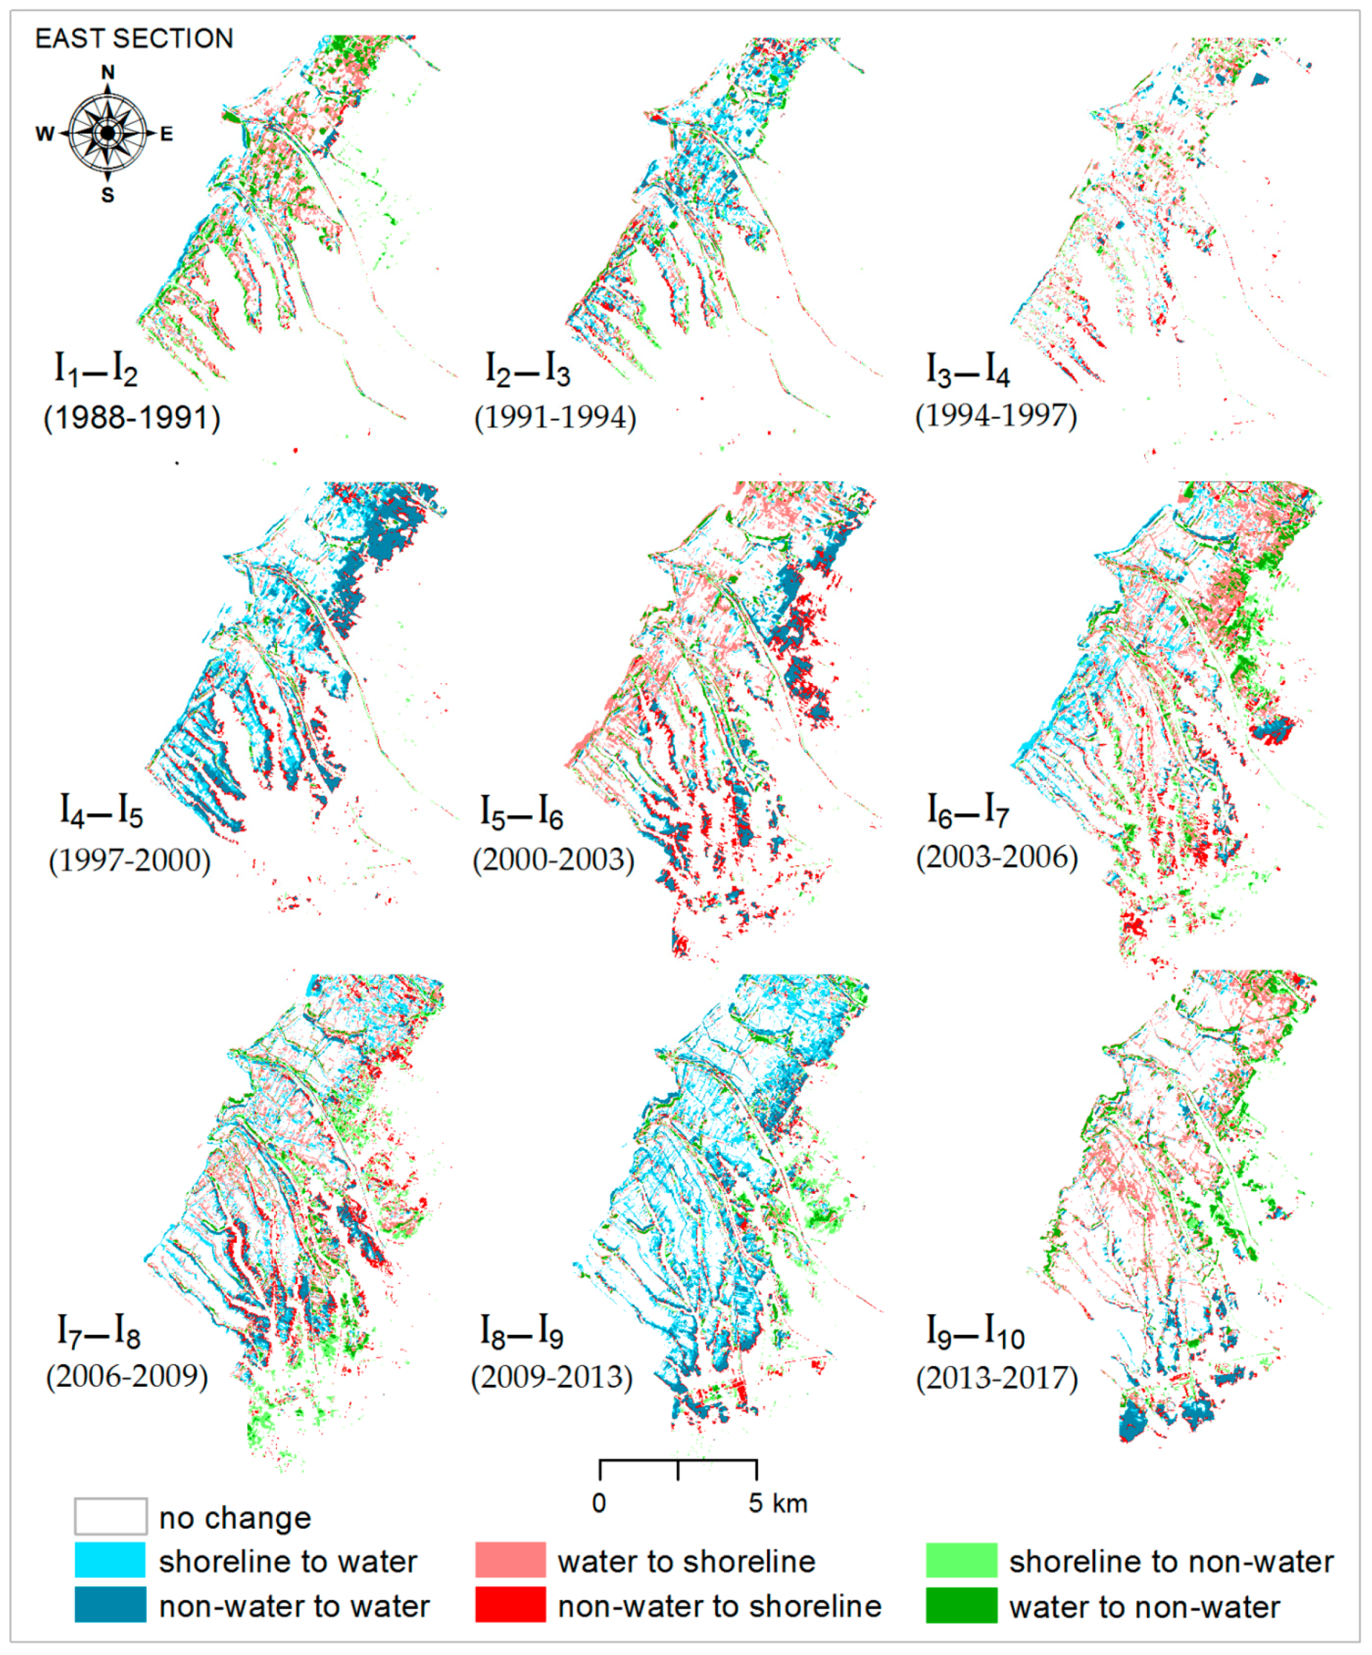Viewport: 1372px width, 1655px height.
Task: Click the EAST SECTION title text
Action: click(x=134, y=39)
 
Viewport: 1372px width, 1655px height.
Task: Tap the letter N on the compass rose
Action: click(x=108, y=73)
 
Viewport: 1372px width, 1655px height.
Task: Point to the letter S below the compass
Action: click(x=108, y=195)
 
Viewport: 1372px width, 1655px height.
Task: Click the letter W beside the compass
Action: click(x=45, y=134)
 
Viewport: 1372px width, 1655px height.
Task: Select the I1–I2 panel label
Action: click(x=95, y=369)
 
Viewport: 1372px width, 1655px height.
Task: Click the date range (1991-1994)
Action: click(x=555, y=417)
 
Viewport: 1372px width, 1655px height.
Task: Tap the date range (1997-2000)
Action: click(x=130, y=860)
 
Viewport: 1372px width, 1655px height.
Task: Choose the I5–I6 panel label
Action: click(x=522, y=812)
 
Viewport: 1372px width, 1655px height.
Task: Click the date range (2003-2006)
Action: click(x=996, y=857)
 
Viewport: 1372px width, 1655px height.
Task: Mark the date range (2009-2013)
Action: click(x=552, y=1378)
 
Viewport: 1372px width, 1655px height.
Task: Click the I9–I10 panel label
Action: click(x=975, y=1332)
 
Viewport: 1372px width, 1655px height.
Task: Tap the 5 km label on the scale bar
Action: click(x=777, y=1504)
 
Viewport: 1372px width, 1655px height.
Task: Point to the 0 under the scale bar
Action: click(x=599, y=1504)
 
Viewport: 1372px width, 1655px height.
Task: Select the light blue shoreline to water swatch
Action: click(x=110, y=1561)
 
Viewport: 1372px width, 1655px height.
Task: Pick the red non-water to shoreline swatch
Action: click(x=510, y=1605)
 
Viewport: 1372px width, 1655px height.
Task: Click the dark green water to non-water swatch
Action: click(x=961, y=1605)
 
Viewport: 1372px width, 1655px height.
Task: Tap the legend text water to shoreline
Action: click(x=686, y=1562)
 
